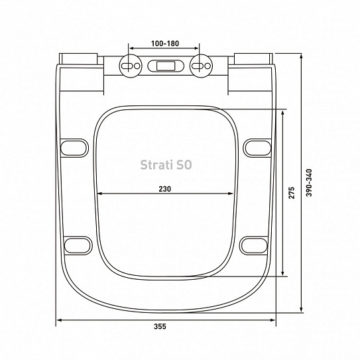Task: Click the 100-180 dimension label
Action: point(165,43)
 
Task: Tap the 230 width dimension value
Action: point(165,189)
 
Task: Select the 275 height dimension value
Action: point(291,193)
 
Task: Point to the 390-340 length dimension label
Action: point(309,183)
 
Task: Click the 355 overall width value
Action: point(160,326)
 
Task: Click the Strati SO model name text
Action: point(166,165)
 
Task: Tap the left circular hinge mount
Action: point(131,66)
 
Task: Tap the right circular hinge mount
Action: point(201,66)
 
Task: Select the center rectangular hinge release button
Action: point(166,66)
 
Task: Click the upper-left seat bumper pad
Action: point(74,148)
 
